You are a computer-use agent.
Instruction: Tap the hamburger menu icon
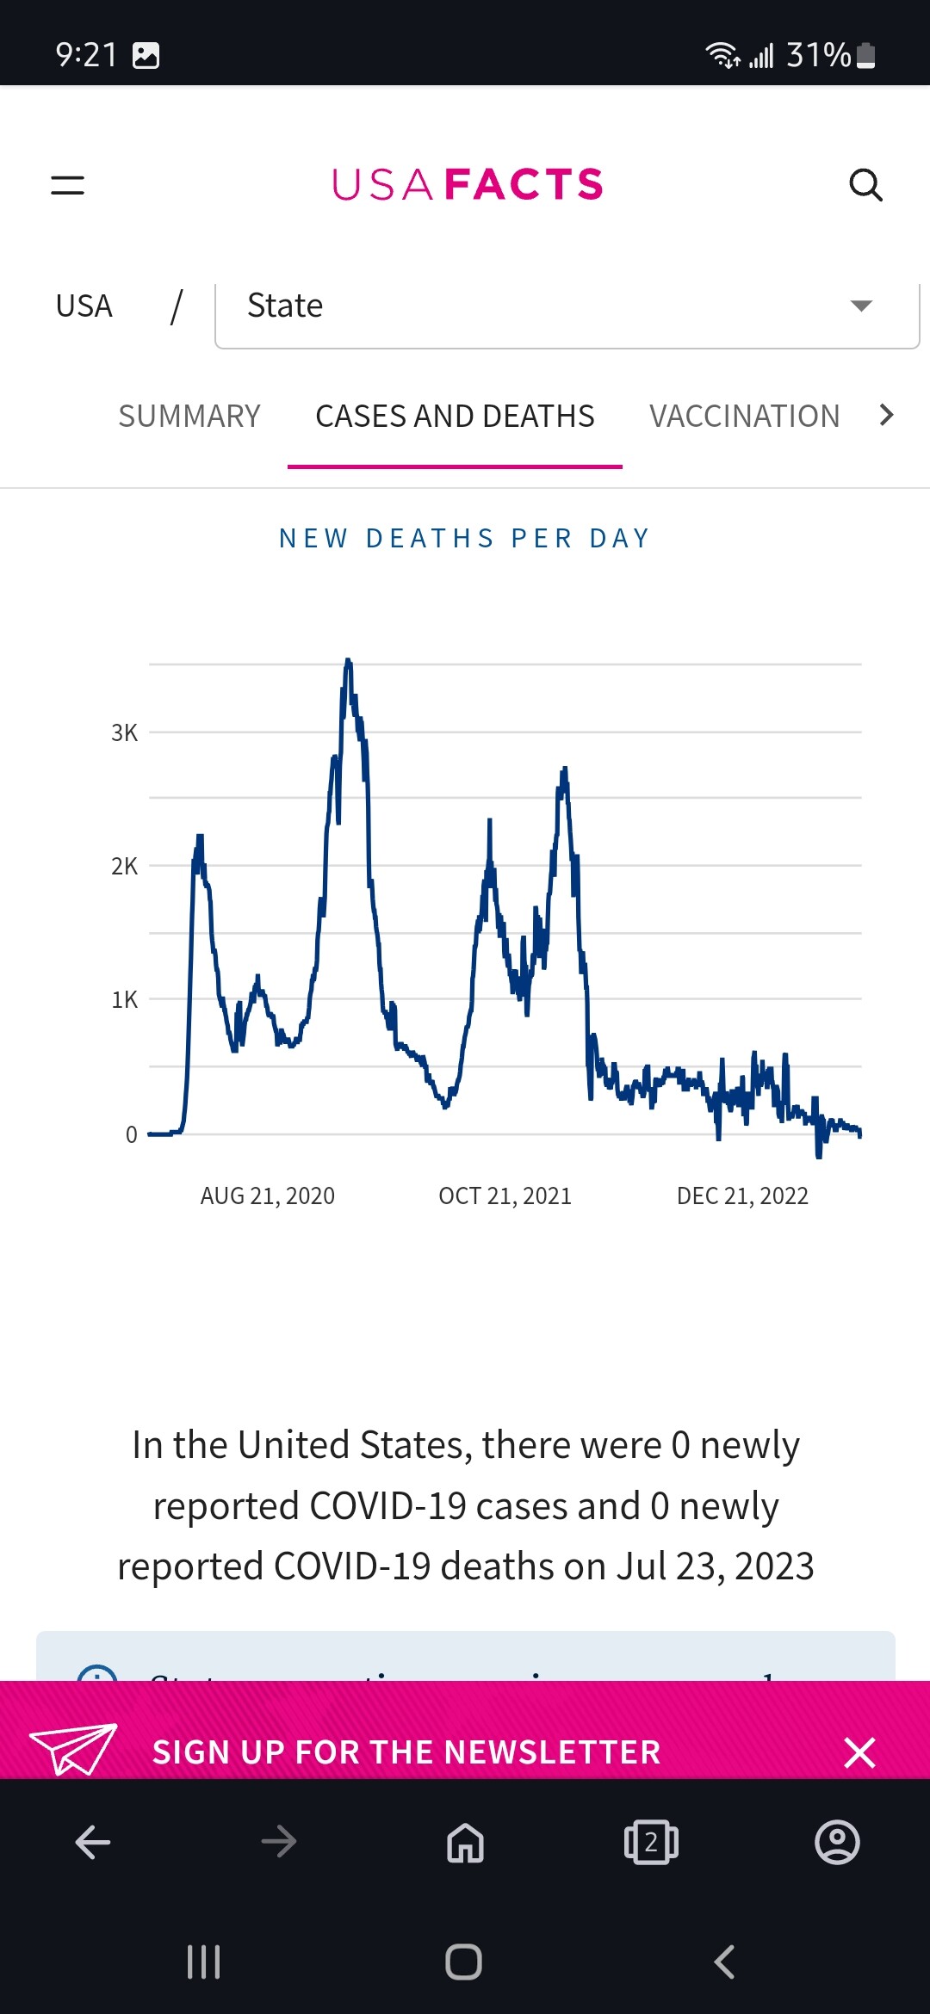pyautogui.click(x=67, y=185)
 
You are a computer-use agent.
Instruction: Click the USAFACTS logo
pyautogui.click(x=467, y=185)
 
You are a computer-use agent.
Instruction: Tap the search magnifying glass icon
pyautogui.click(x=865, y=185)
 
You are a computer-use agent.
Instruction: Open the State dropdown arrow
pyautogui.click(x=861, y=306)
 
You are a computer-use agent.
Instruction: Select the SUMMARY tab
pyautogui.click(x=189, y=417)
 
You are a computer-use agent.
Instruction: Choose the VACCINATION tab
pyautogui.click(x=744, y=417)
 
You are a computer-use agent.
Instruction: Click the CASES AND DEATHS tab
pyautogui.click(x=455, y=417)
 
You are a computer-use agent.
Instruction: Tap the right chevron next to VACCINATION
pyautogui.click(x=886, y=415)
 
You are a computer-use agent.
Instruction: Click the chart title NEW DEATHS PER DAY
pyautogui.click(x=465, y=539)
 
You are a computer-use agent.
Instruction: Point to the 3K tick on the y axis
pyautogui.click(x=124, y=733)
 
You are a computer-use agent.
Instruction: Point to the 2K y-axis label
pyautogui.click(x=124, y=867)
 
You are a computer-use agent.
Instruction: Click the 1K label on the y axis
pyautogui.click(x=124, y=1000)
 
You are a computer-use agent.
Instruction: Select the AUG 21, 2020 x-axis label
pyautogui.click(x=267, y=1196)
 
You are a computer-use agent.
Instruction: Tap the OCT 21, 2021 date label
pyautogui.click(x=505, y=1196)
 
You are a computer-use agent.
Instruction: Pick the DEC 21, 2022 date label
pyautogui.click(x=742, y=1196)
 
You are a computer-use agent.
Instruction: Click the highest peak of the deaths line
pyautogui.click(x=348, y=662)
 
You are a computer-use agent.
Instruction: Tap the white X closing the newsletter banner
pyautogui.click(x=859, y=1752)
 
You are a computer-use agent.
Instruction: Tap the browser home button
pyautogui.click(x=465, y=1843)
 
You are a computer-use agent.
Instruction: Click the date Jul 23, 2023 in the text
pyautogui.click(x=715, y=1566)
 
